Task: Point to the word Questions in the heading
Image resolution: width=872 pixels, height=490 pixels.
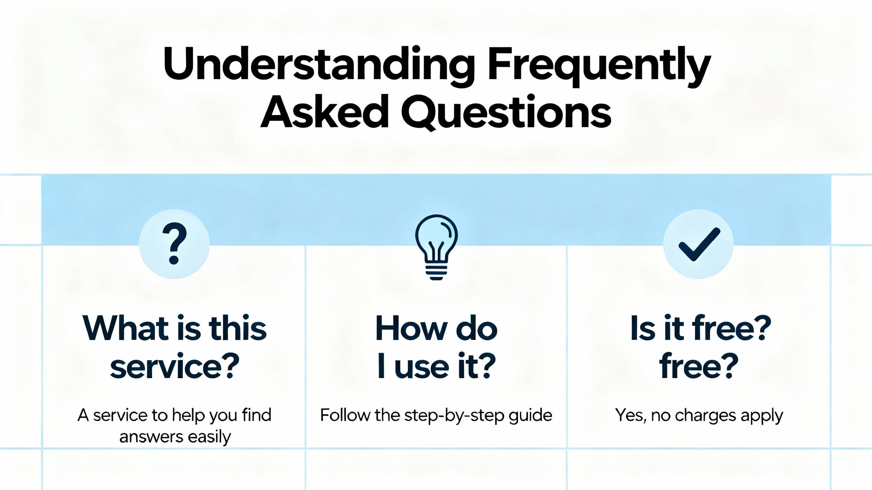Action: [507, 112]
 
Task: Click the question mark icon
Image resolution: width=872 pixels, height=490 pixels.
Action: [174, 244]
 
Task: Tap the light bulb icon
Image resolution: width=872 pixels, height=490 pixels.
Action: [436, 247]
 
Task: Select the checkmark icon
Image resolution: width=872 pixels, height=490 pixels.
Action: [699, 244]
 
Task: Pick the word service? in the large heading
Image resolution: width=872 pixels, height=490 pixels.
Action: [174, 367]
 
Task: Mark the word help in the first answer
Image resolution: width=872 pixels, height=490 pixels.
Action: [189, 416]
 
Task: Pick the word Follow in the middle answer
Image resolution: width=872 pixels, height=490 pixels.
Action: [345, 415]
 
